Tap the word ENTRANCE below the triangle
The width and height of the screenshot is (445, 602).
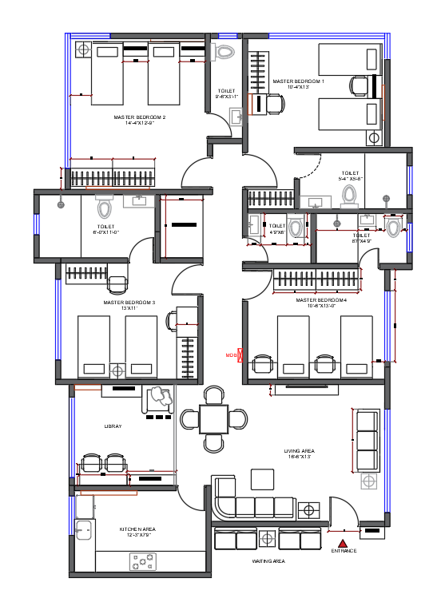(344, 551)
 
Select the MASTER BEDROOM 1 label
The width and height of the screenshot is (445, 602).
(298, 81)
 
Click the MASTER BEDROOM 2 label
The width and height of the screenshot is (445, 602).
(140, 117)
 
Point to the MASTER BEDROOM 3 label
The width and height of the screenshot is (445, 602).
(129, 303)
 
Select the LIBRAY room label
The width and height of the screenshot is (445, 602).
(113, 426)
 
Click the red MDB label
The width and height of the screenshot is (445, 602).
(231, 354)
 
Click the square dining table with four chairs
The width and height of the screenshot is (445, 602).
(213, 418)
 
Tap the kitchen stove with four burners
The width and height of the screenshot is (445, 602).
(142, 562)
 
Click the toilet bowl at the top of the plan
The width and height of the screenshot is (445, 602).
(224, 52)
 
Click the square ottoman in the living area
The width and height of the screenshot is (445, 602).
(262, 479)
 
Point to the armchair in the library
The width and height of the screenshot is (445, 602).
(157, 398)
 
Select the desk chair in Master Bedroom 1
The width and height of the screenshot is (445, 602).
(274, 104)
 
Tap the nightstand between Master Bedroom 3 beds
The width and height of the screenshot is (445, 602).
(117, 370)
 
